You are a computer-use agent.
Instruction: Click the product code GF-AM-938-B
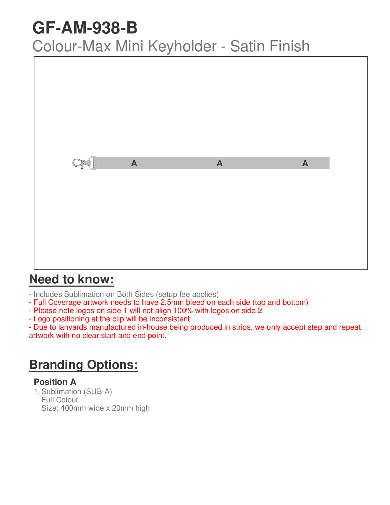pos(85,28)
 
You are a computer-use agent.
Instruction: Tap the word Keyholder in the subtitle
pos(182,46)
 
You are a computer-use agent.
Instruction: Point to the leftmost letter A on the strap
pos(134,164)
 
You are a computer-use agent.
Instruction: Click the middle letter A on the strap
pos(220,164)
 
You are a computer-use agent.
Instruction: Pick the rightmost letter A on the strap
pos(305,164)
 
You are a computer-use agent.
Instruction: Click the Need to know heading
pos(71,279)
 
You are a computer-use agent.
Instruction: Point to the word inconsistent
pos(170,319)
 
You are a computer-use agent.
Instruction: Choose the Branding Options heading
pos(83,365)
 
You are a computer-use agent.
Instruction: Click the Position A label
pos(55,382)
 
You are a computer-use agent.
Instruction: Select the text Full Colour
pos(60,400)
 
